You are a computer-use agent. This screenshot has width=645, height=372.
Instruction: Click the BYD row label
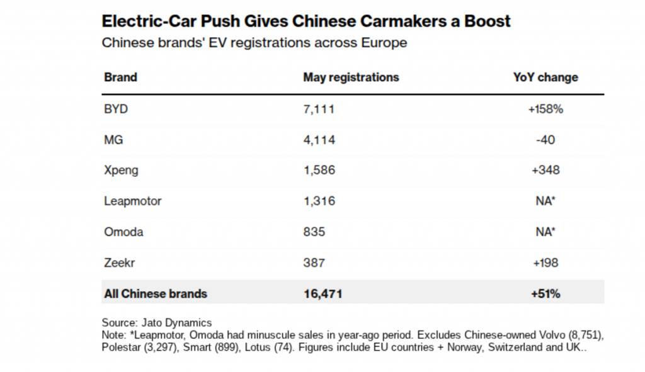pos(115,109)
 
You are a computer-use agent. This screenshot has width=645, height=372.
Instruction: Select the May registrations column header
pos(351,77)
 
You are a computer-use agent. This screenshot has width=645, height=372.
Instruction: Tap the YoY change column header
pos(545,77)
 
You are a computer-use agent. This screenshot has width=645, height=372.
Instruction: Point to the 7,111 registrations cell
pos(319,109)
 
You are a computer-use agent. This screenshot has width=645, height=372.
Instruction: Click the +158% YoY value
pos(545,109)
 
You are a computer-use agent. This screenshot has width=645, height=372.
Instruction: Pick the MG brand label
pos(113,140)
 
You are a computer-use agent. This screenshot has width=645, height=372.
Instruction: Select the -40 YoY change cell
pos(545,140)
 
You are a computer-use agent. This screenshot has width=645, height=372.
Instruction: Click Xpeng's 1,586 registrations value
pos(319,171)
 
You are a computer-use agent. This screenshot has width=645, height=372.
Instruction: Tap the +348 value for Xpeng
pos(545,171)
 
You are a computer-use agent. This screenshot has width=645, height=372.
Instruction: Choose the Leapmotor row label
pos(133,201)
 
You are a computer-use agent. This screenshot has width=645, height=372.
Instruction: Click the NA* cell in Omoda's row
pos(545,232)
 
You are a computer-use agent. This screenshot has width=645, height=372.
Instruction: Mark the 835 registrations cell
pos(314,232)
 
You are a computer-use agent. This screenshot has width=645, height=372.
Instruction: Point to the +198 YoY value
pos(545,262)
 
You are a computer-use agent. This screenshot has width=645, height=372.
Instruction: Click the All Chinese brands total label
pos(155,293)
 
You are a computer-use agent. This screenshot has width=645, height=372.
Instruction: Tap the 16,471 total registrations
pos(322,293)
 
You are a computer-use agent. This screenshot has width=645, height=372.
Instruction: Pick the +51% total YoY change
pos(545,293)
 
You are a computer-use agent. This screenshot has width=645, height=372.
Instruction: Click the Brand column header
pos(120,77)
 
